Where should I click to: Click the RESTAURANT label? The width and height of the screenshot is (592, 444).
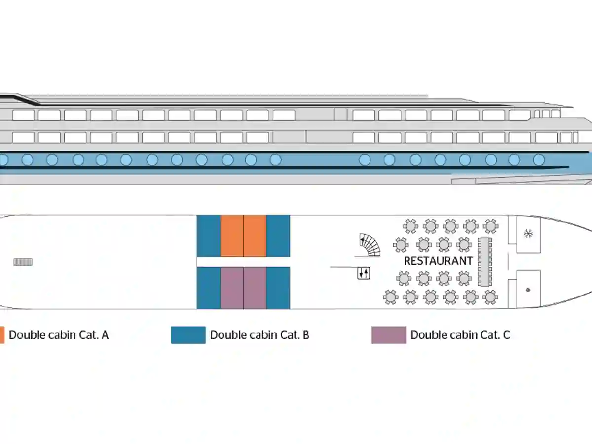point(438,261)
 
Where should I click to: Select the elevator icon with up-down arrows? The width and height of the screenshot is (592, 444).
point(364,273)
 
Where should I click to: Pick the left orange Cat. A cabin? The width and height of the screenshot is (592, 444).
point(232,236)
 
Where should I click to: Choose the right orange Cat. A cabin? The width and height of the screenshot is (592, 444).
point(255,236)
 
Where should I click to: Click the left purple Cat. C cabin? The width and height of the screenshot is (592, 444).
point(232,288)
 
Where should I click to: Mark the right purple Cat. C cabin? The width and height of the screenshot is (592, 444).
point(255,288)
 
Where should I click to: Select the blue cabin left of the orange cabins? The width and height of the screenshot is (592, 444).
point(209,236)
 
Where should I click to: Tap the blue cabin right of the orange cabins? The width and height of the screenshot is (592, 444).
point(278,236)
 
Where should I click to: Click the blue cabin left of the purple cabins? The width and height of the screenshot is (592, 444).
point(209,288)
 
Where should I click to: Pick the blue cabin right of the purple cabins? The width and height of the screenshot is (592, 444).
point(278,288)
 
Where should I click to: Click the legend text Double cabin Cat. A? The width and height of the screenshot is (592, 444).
point(59,335)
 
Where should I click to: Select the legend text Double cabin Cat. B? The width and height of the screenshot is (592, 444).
point(259,335)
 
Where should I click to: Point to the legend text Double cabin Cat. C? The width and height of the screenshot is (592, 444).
point(460,335)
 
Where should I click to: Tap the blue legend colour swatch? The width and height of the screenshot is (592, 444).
point(188,335)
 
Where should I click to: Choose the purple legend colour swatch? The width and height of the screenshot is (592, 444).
point(389,335)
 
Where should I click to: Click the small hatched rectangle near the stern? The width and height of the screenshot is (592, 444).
point(23,262)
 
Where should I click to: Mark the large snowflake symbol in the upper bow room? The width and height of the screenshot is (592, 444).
point(528,233)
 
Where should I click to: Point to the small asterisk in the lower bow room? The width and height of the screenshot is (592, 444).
point(528,290)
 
